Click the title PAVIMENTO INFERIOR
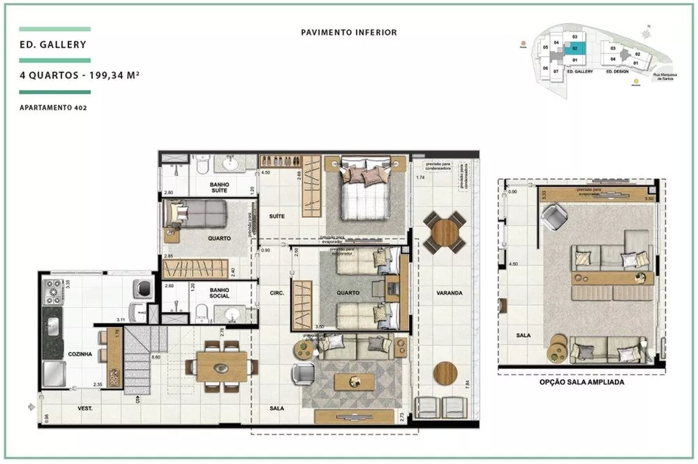(349, 32)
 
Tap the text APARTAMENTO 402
(53, 108)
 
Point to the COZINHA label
(80, 354)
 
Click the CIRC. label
(276, 293)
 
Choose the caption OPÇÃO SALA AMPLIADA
(581, 383)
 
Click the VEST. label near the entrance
(86, 407)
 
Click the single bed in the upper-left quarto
(195, 212)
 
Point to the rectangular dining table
(221, 366)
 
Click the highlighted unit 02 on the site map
(574, 49)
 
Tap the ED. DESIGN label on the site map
(618, 72)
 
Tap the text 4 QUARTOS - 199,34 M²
(80, 78)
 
